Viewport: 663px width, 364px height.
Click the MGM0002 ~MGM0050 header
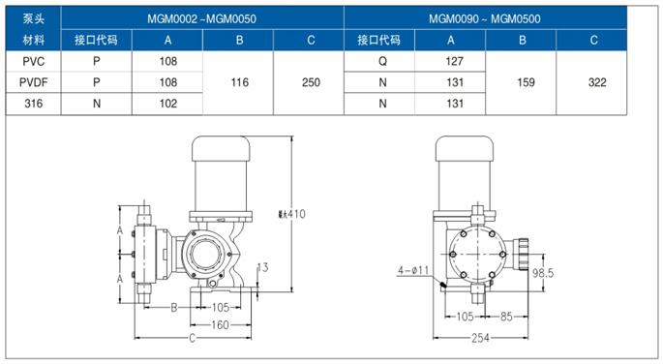click(203, 17)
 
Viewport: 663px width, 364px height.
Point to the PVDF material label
click(33, 82)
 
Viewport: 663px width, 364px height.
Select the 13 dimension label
click(262, 266)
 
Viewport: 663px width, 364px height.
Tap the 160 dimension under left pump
click(220, 325)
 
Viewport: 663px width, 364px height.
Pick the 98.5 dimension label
click(543, 274)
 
